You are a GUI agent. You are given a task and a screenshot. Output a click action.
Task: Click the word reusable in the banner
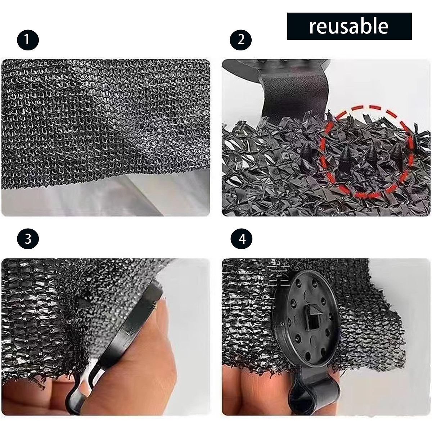click(348, 26)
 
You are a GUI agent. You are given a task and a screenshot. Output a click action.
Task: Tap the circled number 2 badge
click(241, 39)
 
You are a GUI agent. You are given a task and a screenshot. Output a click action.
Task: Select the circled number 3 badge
click(28, 239)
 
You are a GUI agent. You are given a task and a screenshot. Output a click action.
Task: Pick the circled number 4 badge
click(241, 239)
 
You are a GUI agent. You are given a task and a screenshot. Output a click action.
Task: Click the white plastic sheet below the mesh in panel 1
click(108, 198)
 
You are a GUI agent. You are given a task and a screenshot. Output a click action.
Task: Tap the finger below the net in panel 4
click(252, 389)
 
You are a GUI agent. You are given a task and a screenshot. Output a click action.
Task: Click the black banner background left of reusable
click(297, 26)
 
